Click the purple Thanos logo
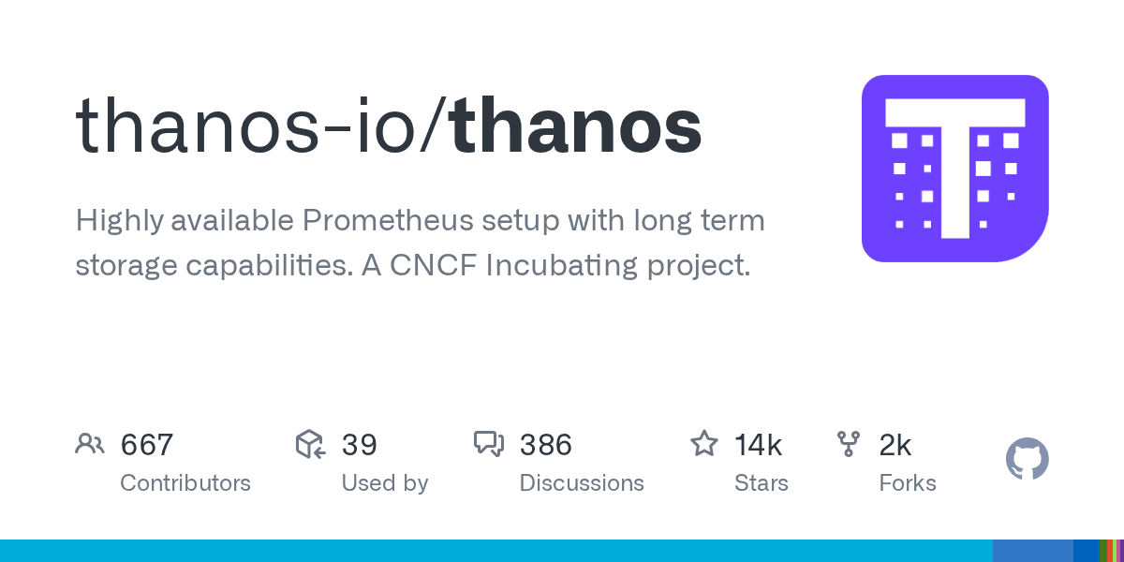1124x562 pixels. [954, 169]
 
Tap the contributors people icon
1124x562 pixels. [90, 444]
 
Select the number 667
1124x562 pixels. [147, 444]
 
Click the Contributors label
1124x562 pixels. [185, 483]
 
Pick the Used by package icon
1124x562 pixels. [310, 444]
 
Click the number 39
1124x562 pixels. [359, 444]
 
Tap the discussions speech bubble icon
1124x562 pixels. [489, 444]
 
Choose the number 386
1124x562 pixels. [545, 444]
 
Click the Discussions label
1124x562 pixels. [582, 483]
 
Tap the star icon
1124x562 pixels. [704, 444]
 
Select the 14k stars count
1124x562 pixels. [758, 444]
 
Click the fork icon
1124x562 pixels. [849, 444]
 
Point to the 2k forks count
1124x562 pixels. [895, 444]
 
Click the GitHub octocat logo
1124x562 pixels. [1028, 460]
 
